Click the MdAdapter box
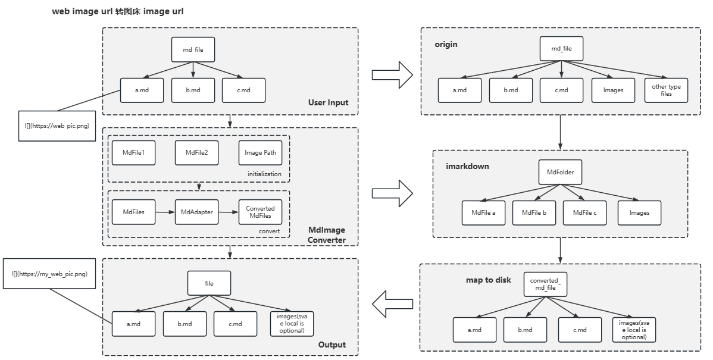(x=196, y=212)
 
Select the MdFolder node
(x=560, y=172)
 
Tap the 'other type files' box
(x=666, y=90)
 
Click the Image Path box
(x=260, y=152)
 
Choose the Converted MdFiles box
(x=260, y=212)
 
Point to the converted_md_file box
(x=545, y=284)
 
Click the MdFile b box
(x=534, y=212)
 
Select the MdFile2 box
(x=196, y=152)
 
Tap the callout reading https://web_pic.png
(x=57, y=126)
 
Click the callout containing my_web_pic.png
(x=49, y=274)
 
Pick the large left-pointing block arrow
(x=393, y=303)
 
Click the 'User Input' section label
(x=328, y=102)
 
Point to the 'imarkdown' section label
(x=467, y=166)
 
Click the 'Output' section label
(x=332, y=345)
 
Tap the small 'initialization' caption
(x=264, y=174)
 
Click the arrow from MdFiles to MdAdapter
(x=165, y=212)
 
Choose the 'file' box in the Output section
(x=209, y=283)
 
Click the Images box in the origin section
(x=613, y=90)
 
